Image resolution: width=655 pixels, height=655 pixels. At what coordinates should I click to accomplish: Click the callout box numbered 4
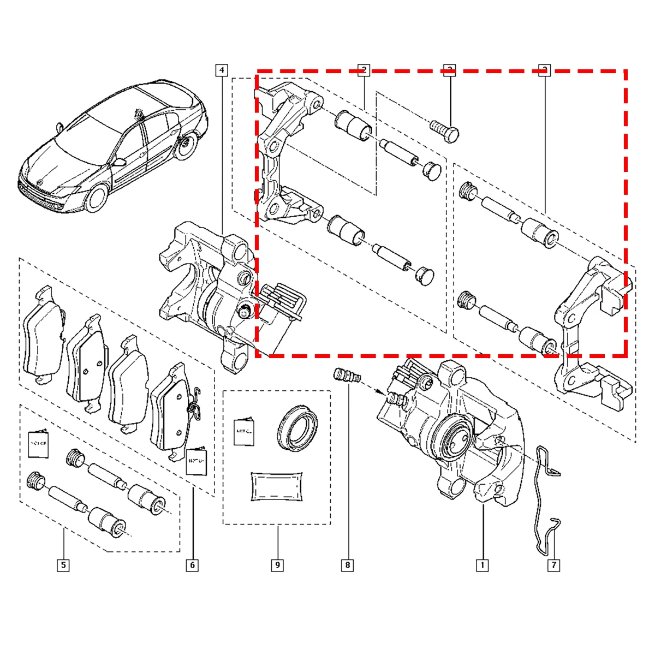pos(221,70)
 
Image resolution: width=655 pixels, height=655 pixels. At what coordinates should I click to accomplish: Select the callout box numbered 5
pos(63,565)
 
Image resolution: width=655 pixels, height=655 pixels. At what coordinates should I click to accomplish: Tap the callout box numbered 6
pos(192,565)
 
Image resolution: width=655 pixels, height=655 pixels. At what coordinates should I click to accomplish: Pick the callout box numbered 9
pos(277,565)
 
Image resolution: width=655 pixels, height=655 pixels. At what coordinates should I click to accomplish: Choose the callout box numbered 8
pos(348,565)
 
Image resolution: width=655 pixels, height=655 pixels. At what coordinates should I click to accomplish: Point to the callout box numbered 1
pos(482,565)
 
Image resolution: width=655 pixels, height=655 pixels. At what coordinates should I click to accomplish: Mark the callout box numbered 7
pos(553,565)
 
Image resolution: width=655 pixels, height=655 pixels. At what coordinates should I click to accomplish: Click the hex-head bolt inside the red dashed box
pos(447,131)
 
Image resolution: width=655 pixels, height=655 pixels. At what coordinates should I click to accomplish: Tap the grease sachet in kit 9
pos(277,485)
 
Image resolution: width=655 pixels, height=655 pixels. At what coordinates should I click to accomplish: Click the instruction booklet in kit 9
pos(245,431)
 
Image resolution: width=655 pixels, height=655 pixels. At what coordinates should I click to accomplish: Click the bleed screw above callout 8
pos(346,377)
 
